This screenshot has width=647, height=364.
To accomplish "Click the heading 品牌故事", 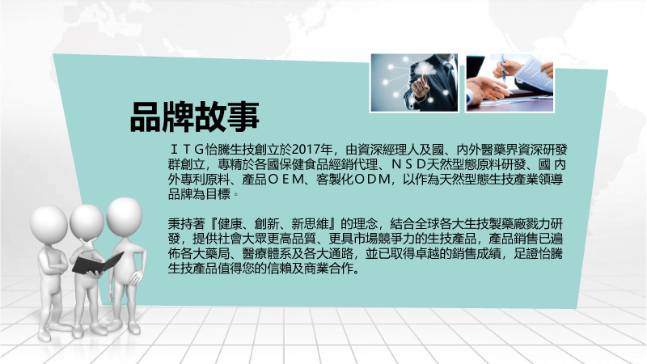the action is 194,116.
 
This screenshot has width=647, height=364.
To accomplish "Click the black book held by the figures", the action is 97,264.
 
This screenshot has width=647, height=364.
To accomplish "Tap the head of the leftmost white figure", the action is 49,224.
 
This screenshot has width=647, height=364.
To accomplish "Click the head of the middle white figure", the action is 87,221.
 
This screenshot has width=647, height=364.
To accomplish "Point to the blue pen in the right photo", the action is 503,68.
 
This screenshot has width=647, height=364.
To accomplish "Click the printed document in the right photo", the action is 534,74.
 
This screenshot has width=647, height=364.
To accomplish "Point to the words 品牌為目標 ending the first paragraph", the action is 199,194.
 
